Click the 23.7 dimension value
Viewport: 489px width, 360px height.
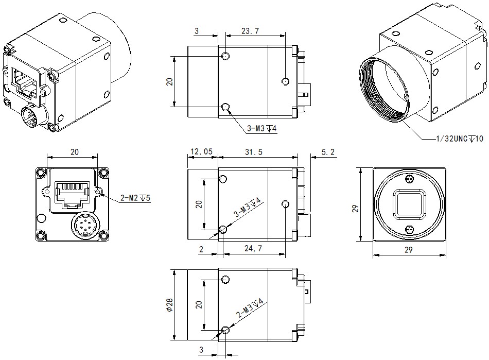[250, 31]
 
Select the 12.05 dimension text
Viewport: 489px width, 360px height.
[201, 151]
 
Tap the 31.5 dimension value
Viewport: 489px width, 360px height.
[254, 152]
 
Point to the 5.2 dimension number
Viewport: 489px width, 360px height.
[327, 152]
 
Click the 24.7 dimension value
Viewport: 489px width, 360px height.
[253, 248]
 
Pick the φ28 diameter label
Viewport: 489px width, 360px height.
[169, 305]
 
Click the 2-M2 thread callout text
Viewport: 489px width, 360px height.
[135, 198]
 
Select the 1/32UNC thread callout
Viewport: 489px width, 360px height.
[459, 139]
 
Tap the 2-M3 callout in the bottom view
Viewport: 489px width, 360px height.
[250, 308]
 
